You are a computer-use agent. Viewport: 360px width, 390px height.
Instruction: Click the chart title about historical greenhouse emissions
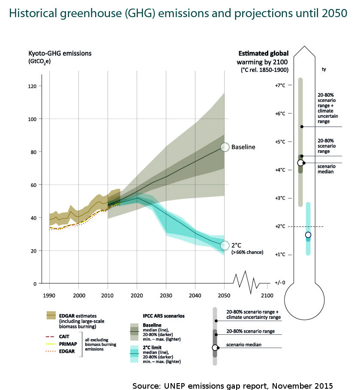pos(178,13)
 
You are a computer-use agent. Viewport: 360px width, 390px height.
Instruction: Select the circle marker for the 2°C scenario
pos(225,245)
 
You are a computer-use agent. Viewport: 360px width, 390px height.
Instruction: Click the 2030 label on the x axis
pos(166,296)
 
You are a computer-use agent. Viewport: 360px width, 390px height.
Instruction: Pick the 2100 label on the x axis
pos(267,296)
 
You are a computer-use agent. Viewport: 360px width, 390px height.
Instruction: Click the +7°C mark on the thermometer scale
pos(280,86)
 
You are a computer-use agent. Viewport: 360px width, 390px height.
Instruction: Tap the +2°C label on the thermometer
pos(280,226)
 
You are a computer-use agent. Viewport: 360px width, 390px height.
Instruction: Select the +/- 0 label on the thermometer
pos(280,283)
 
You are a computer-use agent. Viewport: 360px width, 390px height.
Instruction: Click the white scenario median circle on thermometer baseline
pos(301,163)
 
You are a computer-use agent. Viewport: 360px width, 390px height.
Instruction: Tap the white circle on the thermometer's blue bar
pos(308,235)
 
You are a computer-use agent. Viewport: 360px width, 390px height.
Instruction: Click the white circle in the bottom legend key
pos(215,348)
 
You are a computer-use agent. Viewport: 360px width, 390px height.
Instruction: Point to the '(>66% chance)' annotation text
pos(247,253)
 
